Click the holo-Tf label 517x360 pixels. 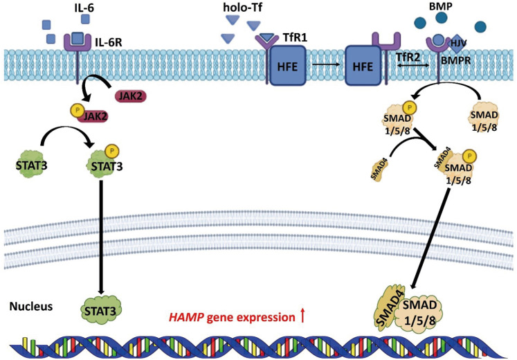click(x=239, y=8)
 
